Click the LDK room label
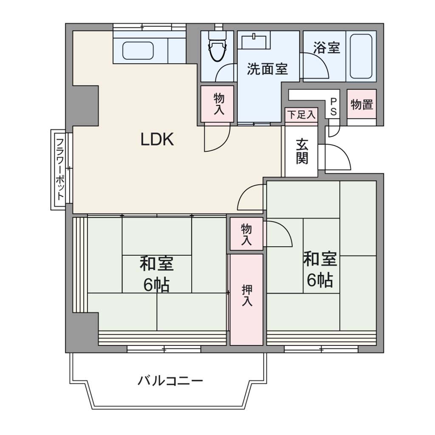click(157, 139)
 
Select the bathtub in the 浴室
click(361, 56)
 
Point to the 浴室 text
click(327, 48)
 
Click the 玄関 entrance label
click(302, 151)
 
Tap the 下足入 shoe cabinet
click(302, 115)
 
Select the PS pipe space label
click(333, 107)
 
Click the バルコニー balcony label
click(170, 381)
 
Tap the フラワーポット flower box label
click(60, 169)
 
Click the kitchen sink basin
click(138, 51)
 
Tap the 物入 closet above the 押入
click(246, 234)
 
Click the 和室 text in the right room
click(320, 259)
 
